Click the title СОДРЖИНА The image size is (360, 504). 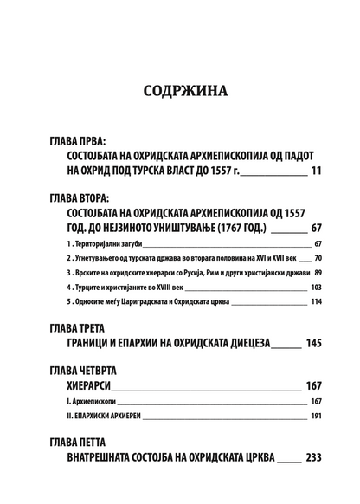pyautogui.click(x=179, y=91)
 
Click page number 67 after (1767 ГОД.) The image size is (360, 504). pyautogui.click(x=315, y=229)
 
